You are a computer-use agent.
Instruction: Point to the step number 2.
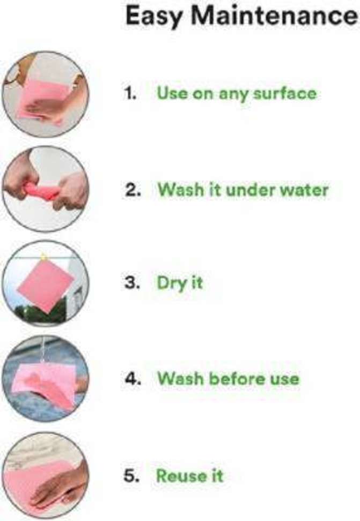[133, 190]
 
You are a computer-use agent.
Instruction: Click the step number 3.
[132, 283]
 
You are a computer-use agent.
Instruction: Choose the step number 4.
[133, 378]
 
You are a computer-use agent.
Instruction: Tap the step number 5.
[131, 475]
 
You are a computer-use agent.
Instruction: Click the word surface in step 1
[285, 93]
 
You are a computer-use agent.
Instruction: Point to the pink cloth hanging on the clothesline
[46, 286]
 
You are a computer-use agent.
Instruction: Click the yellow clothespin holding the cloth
[43, 257]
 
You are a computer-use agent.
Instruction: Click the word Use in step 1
[172, 93]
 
